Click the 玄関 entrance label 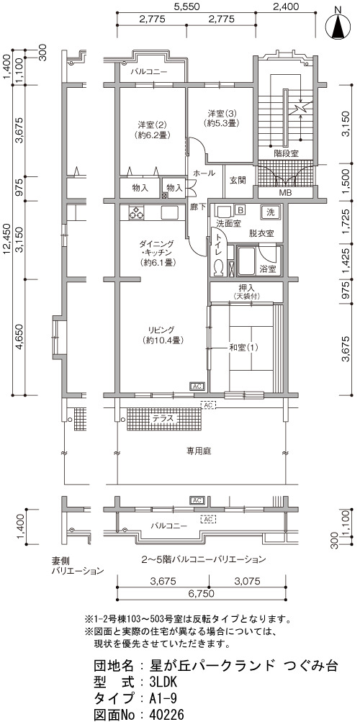tap(238, 180)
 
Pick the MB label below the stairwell tap(285, 192)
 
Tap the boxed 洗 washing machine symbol tap(271, 212)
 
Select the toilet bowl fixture tap(218, 268)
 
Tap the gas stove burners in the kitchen tap(137, 213)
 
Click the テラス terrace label tap(163, 418)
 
